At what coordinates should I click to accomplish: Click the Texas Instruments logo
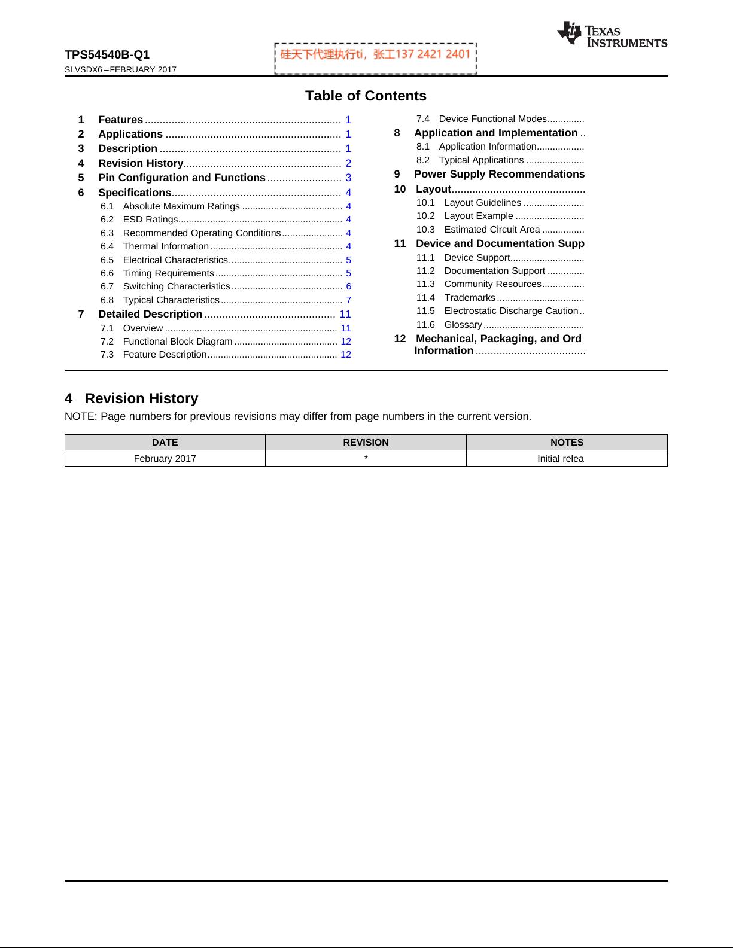click(x=612, y=34)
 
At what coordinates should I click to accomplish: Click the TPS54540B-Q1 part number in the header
click(x=107, y=55)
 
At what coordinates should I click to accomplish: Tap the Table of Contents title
click(x=366, y=96)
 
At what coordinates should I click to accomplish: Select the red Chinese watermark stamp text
click(x=375, y=54)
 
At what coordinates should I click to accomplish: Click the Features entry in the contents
click(x=120, y=120)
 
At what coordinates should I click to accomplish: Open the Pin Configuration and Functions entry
click(x=181, y=178)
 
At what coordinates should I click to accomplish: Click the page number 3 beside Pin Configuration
click(x=348, y=178)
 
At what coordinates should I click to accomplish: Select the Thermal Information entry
click(x=165, y=246)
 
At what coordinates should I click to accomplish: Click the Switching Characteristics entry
click(x=176, y=286)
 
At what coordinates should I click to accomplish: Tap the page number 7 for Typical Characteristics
click(x=348, y=300)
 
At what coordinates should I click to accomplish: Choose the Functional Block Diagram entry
click(x=177, y=341)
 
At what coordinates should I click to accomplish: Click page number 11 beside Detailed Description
click(x=345, y=314)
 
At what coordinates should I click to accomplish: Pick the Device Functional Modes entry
click(x=492, y=119)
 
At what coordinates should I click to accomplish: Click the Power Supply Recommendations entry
click(x=499, y=174)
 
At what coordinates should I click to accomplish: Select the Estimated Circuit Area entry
click(x=492, y=230)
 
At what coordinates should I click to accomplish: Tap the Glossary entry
click(x=463, y=325)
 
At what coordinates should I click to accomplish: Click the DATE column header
click(x=165, y=443)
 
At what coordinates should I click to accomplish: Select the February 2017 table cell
click(x=165, y=459)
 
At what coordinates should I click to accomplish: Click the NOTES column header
click(x=566, y=443)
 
